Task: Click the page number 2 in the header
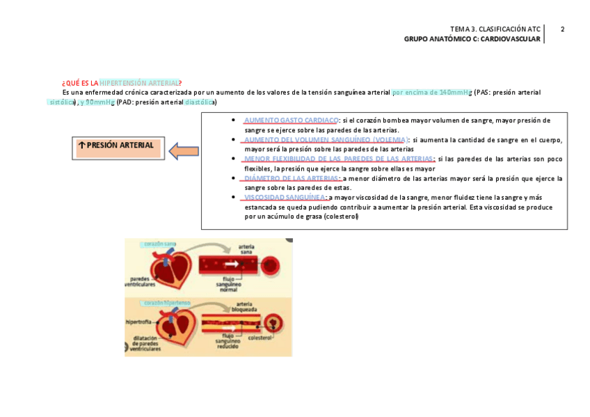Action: click(x=562, y=29)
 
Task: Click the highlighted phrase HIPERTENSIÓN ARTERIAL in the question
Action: click(x=139, y=83)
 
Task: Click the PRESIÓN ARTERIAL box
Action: click(x=119, y=146)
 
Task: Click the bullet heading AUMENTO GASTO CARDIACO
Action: click(x=292, y=120)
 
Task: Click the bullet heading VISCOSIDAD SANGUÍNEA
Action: click(x=285, y=198)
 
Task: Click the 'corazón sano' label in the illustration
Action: click(x=159, y=244)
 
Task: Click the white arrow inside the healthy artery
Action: click(x=232, y=264)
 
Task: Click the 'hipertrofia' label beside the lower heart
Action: click(x=139, y=322)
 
